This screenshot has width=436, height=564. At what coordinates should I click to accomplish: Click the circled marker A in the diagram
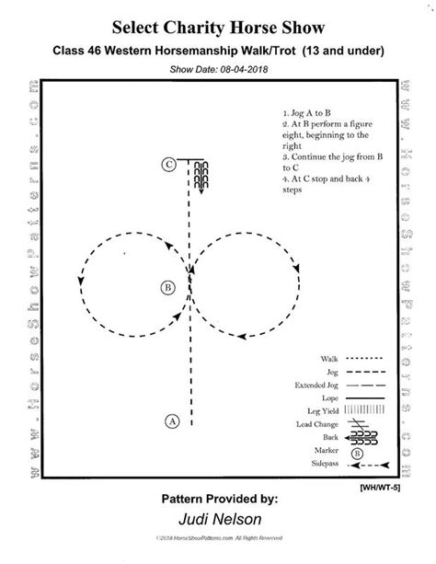[172, 421]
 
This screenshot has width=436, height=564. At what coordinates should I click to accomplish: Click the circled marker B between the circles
[166, 287]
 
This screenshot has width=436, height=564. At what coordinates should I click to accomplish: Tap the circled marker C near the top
[168, 166]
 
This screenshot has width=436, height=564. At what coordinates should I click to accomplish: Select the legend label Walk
[328, 358]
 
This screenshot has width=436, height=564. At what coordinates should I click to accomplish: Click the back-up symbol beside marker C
[202, 175]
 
